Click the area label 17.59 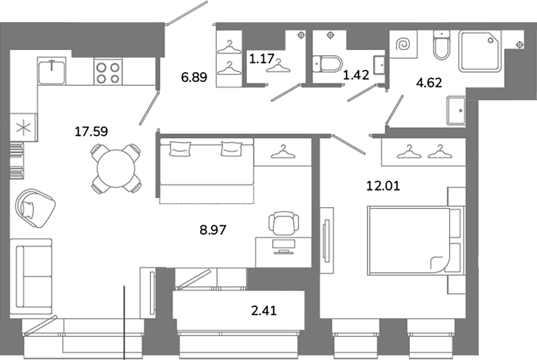click(91, 132)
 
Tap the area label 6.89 click(194, 77)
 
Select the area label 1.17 click(262, 59)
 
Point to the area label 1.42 click(356, 75)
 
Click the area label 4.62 click(429, 83)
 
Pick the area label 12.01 click(383, 186)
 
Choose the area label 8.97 click(213, 229)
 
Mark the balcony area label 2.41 click(264, 311)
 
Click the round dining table click(116, 169)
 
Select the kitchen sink click(52, 71)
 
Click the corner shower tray click(479, 51)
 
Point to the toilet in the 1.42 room click(328, 64)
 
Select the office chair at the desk click(283, 224)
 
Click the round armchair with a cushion click(35, 208)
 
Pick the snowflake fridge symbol click(23, 127)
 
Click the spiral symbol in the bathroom click(403, 45)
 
